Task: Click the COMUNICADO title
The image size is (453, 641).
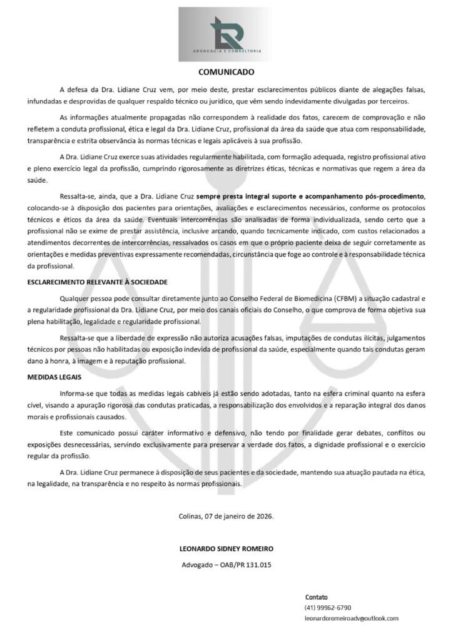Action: (x=227, y=72)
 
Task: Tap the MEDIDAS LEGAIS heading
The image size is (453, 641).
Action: (x=54, y=378)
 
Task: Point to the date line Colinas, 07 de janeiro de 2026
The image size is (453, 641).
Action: (x=227, y=516)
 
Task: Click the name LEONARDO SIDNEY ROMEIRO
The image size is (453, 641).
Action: (x=227, y=548)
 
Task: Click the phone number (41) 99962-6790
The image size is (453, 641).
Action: (x=328, y=607)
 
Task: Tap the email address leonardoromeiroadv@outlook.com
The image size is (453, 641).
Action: (x=351, y=618)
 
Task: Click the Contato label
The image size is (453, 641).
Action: (x=317, y=597)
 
